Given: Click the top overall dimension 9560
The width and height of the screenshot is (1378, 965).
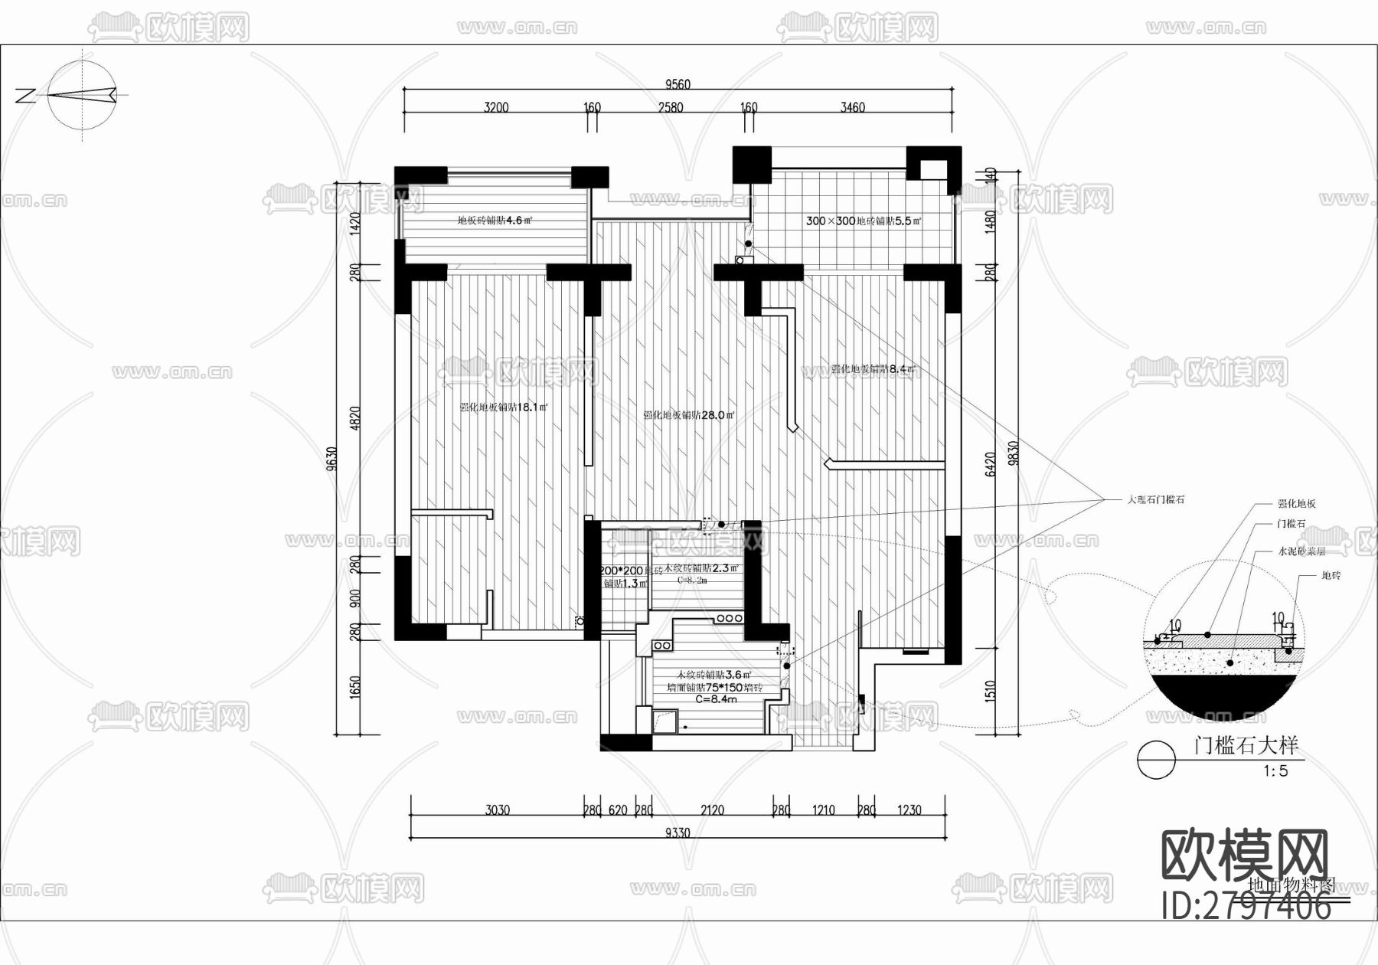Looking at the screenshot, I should pyautogui.click(x=678, y=84).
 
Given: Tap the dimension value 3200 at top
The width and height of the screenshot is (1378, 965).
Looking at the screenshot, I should pyautogui.click(x=496, y=107).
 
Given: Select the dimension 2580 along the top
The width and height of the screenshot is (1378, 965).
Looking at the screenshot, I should pyautogui.click(x=671, y=107).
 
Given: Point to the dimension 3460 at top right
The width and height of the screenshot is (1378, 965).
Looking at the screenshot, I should pyautogui.click(x=852, y=107).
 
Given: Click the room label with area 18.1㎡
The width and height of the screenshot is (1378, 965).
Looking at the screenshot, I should pyautogui.click(x=503, y=407).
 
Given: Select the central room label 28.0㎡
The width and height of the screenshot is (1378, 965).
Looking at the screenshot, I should pyautogui.click(x=688, y=415).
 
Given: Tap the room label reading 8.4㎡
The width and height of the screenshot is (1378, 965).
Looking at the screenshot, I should pyautogui.click(x=873, y=369).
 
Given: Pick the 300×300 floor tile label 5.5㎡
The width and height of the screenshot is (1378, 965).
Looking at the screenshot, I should pyautogui.click(x=864, y=221).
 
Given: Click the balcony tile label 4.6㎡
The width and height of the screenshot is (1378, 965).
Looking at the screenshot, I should pyautogui.click(x=495, y=221).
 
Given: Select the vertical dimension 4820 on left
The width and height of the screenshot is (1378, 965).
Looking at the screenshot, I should pyautogui.click(x=354, y=419).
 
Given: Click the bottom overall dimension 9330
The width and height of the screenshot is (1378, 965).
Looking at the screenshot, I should pyautogui.click(x=678, y=833).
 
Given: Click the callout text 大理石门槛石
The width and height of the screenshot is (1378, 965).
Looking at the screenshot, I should pyautogui.click(x=1155, y=499).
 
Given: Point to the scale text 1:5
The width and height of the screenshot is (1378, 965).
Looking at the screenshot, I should pyautogui.click(x=1275, y=771).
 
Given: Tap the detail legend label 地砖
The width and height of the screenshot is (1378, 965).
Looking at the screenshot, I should pyautogui.click(x=1331, y=575).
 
